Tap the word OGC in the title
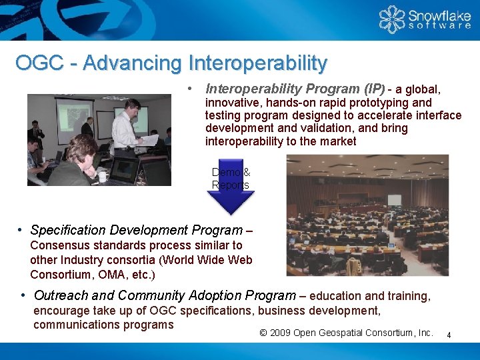point(39,63)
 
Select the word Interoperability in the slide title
point(258,63)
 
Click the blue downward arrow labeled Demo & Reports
point(230,190)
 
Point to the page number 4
point(449,335)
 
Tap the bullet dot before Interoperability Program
point(191,88)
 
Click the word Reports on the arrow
point(230,185)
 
